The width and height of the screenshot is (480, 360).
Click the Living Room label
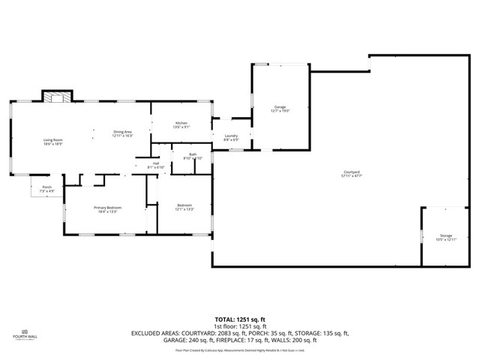pos(52,140)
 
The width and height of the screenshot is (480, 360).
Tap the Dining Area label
pos(122,132)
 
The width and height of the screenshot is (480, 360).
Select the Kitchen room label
pos(181,123)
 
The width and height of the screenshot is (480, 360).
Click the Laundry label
pos(232,136)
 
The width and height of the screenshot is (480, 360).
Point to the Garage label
pos(280,107)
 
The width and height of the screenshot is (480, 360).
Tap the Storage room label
pos(446,235)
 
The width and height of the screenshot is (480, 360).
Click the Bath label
pos(193,154)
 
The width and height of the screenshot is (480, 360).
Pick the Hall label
pos(156,163)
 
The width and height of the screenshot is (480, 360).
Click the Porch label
pos(46,187)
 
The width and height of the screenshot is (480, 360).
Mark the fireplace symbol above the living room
pos(57,96)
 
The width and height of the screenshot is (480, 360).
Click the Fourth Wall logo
pos(25,334)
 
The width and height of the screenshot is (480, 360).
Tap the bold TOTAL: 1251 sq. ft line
pos(239,319)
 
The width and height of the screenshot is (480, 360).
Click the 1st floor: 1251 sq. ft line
pos(239,326)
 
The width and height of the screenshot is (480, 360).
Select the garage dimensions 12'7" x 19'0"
pos(280,111)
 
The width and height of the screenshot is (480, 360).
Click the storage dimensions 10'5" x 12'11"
pos(446,240)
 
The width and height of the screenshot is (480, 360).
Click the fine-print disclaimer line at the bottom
pos(239,349)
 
